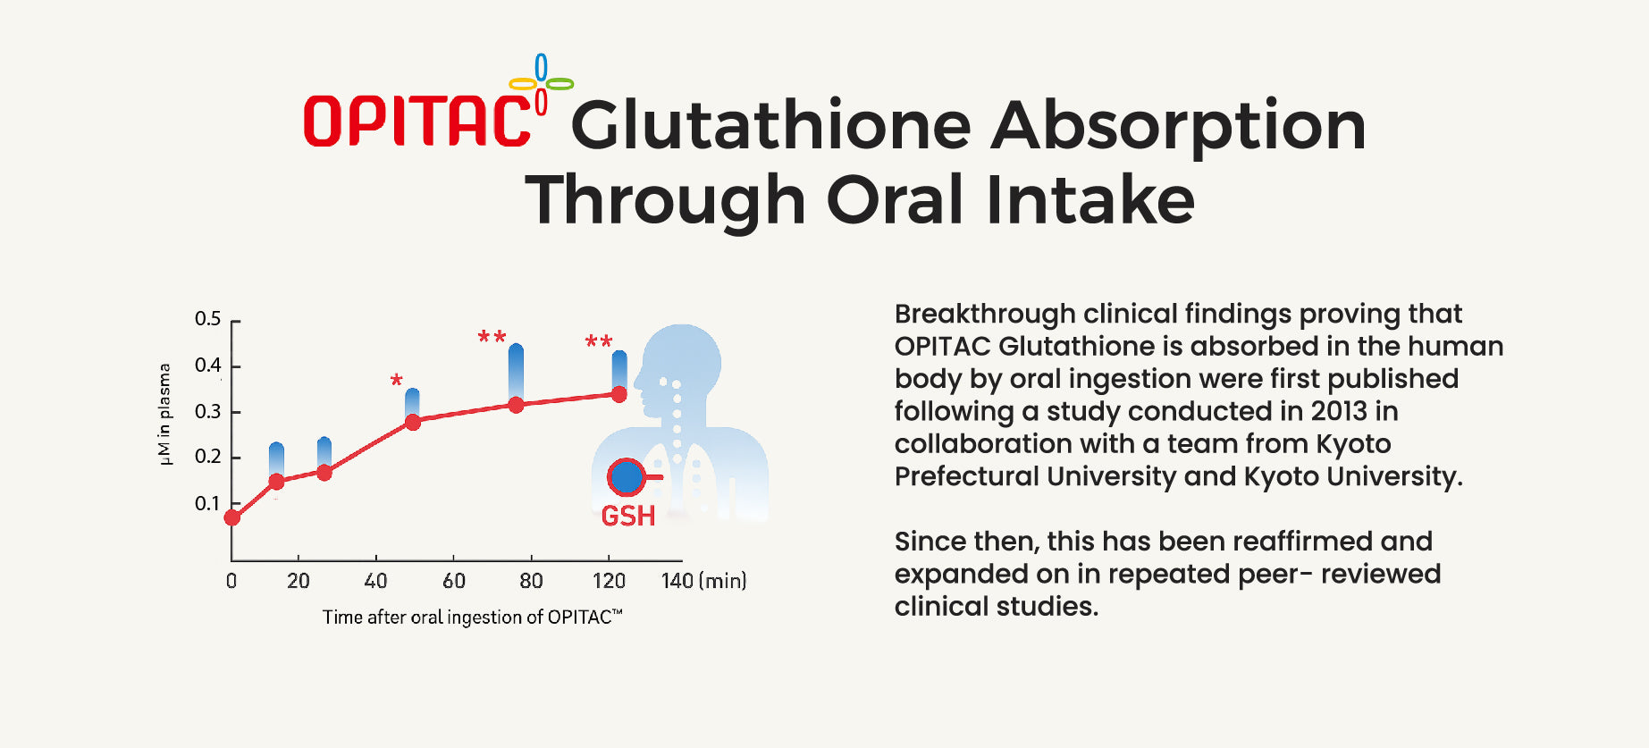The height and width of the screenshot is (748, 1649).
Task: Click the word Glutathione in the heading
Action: click(x=770, y=125)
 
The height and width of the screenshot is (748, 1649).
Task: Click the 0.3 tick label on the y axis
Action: click(x=208, y=412)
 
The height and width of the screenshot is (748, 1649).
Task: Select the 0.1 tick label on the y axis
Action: click(x=207, y=504)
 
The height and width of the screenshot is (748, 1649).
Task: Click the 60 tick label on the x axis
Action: click(x=454, y=581)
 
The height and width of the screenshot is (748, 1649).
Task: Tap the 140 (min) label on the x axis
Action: click(x=703, y=581)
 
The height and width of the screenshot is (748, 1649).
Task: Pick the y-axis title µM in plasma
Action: click(x=164, y=414)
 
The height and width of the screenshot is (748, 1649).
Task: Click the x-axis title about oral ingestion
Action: click(x=472, y=617)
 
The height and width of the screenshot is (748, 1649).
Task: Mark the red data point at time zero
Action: click(x=232, y=517)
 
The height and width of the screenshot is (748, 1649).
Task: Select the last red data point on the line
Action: click(x=618, y=394)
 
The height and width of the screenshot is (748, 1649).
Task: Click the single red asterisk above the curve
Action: click(x=397, y=381)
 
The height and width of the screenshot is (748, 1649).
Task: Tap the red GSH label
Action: click(x=628, y=516)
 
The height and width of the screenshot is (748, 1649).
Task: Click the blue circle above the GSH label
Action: click(x=627, y=477)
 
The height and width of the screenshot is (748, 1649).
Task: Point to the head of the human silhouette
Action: click(x=682, y=362)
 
